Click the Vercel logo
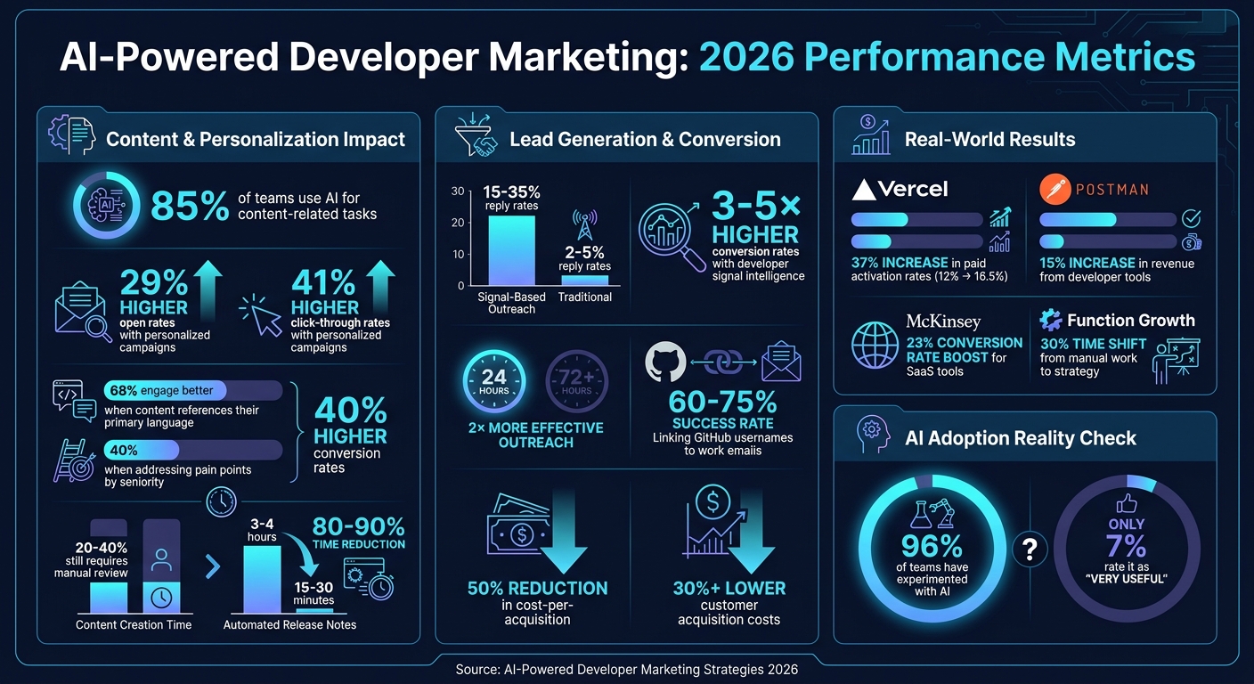click(900, 189)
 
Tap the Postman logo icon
click(1054, 189)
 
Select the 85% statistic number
click(190, 206)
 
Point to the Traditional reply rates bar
click(584, 280)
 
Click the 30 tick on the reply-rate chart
click(458, 191)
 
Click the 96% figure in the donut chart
click(932, 546)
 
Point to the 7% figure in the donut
click(1126, 546)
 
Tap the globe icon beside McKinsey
click(875, 346)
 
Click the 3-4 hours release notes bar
click(262, 579)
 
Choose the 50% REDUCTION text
click(537, 588)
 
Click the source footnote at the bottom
click(626, 669)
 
